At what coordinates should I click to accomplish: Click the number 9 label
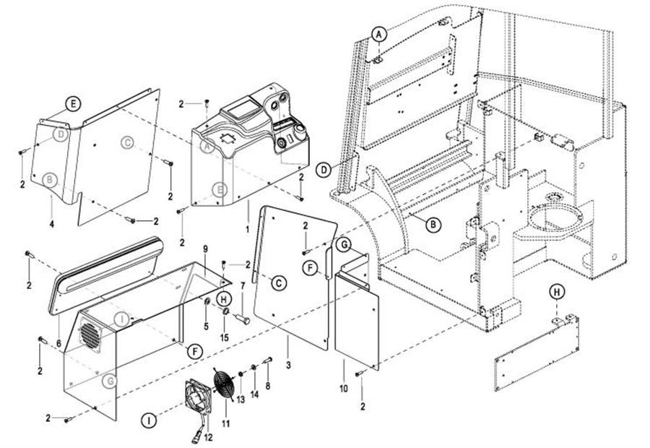tap(205, 249)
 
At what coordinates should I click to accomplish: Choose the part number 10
tap(343, 389)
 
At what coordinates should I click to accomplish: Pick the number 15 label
tap(225, 337)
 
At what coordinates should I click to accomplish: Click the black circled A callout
tap(380, 33)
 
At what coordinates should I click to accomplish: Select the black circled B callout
tap(432, 225)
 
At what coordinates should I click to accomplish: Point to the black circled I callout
tap(149, 419)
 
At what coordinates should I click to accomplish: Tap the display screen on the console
tap(239, 112)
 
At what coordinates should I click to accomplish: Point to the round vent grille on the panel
tap(90, 335)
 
